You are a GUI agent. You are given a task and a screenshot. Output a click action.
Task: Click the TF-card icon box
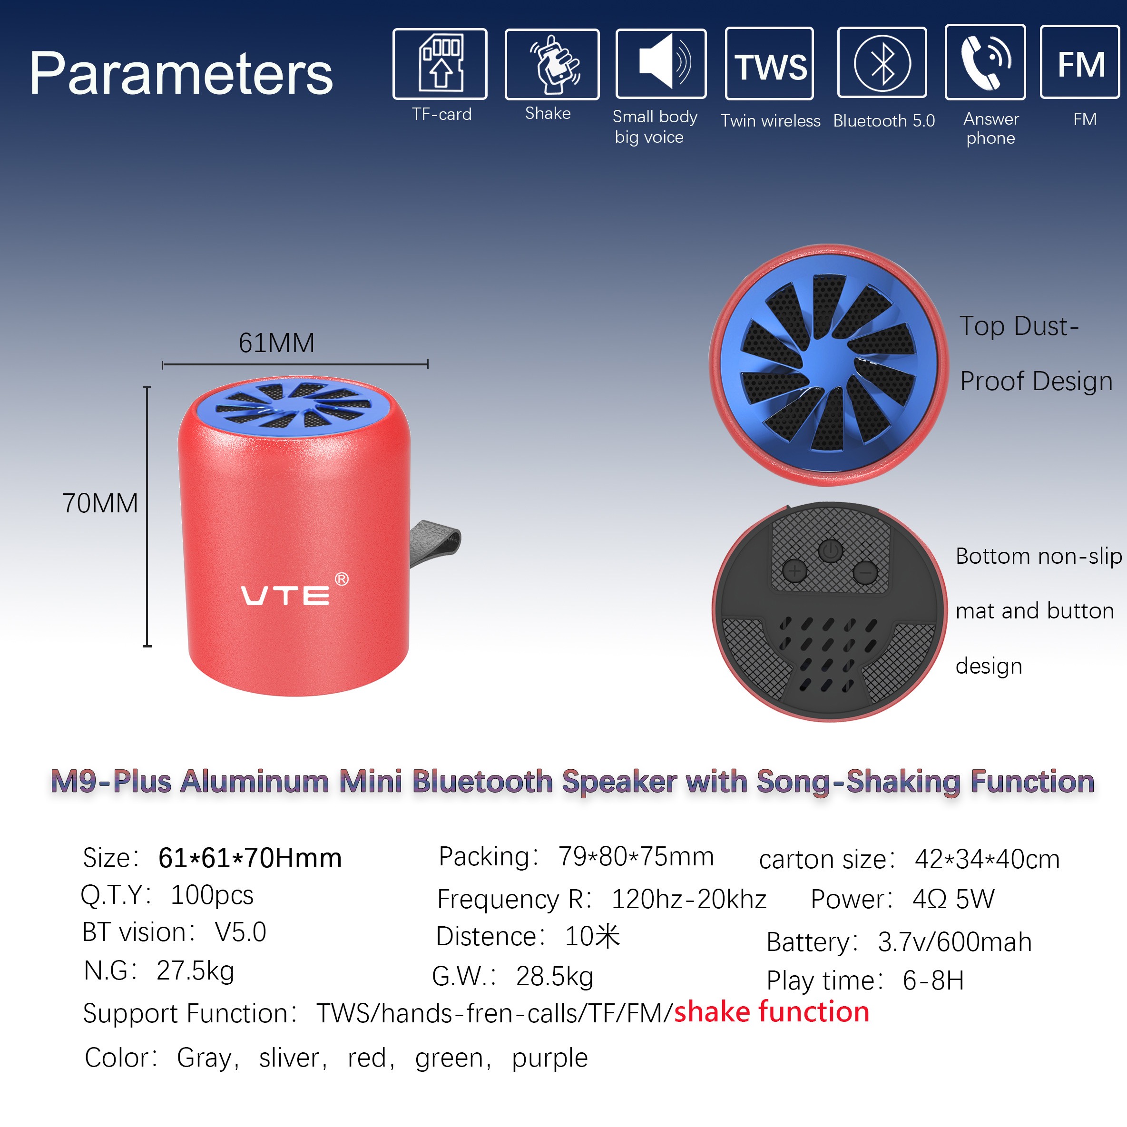click(x=440, y=64)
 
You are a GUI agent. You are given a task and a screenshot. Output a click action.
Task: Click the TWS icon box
click(x=769, y=64)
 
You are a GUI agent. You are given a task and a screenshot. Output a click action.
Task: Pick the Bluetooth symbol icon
click(x=882, y=62)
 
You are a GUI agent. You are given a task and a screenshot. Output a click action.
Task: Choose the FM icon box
click(x=1080, y=62)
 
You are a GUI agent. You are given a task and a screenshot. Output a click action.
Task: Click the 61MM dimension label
click(x=276, y=343)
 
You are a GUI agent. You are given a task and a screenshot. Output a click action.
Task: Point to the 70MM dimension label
click(x=100, y=503)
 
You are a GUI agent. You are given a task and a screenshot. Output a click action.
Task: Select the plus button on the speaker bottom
click(x=794, y=570)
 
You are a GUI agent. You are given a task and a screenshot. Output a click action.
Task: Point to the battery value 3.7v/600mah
click(x=954, y=942)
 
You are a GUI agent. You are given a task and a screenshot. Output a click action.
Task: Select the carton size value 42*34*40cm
click(x=987, y=859)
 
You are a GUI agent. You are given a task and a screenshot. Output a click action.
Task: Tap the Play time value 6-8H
click(x=933, y=980)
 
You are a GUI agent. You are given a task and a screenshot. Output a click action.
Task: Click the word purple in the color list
click(x=549, y=1058)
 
